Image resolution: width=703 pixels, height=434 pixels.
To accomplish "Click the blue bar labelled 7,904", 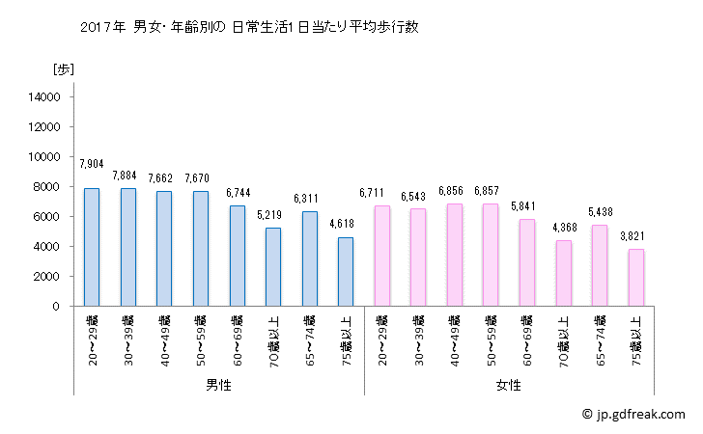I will coord(92,247).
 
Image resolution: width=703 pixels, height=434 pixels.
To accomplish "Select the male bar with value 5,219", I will coord(273,267).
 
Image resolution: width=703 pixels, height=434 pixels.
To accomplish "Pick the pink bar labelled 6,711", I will coord(381,256).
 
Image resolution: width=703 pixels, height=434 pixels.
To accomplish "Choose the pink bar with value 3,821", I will coord(635,278).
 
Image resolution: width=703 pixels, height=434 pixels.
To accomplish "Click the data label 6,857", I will coord(491,191).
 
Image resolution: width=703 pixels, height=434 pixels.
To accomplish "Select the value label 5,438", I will coord(599,212).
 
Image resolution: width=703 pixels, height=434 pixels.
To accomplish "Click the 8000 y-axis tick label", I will coord(49,186).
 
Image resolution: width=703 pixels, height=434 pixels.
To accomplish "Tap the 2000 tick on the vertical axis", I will coord(49,277).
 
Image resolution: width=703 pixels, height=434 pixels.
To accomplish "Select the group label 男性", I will coord(218,385).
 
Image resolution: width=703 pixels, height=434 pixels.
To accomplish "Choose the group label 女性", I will coord(508,385).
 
